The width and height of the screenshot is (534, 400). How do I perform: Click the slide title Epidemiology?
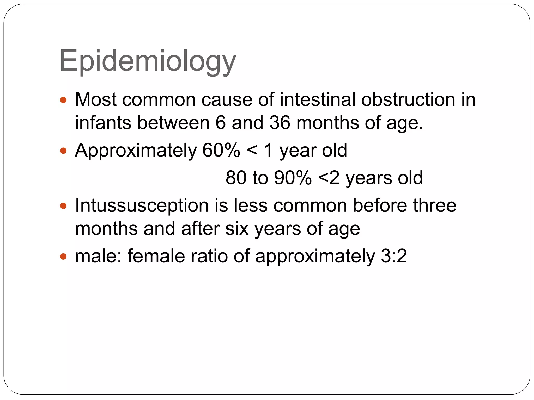(x=148, y=61)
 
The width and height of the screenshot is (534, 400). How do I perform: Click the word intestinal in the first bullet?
(x=317, y=99)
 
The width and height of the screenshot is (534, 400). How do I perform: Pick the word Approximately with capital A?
(x=136, y=151)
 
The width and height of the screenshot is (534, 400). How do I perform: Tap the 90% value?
(x=293, y=178)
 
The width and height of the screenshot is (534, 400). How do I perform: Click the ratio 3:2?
(x=394, y=256)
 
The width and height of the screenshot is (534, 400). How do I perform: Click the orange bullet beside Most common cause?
(x=63, y=100)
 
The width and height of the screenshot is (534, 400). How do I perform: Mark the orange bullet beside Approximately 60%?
(x=63, y=151)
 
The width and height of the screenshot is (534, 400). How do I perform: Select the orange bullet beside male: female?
(x=63, y=257)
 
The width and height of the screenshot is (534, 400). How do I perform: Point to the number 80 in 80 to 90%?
(x=236, y=178)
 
